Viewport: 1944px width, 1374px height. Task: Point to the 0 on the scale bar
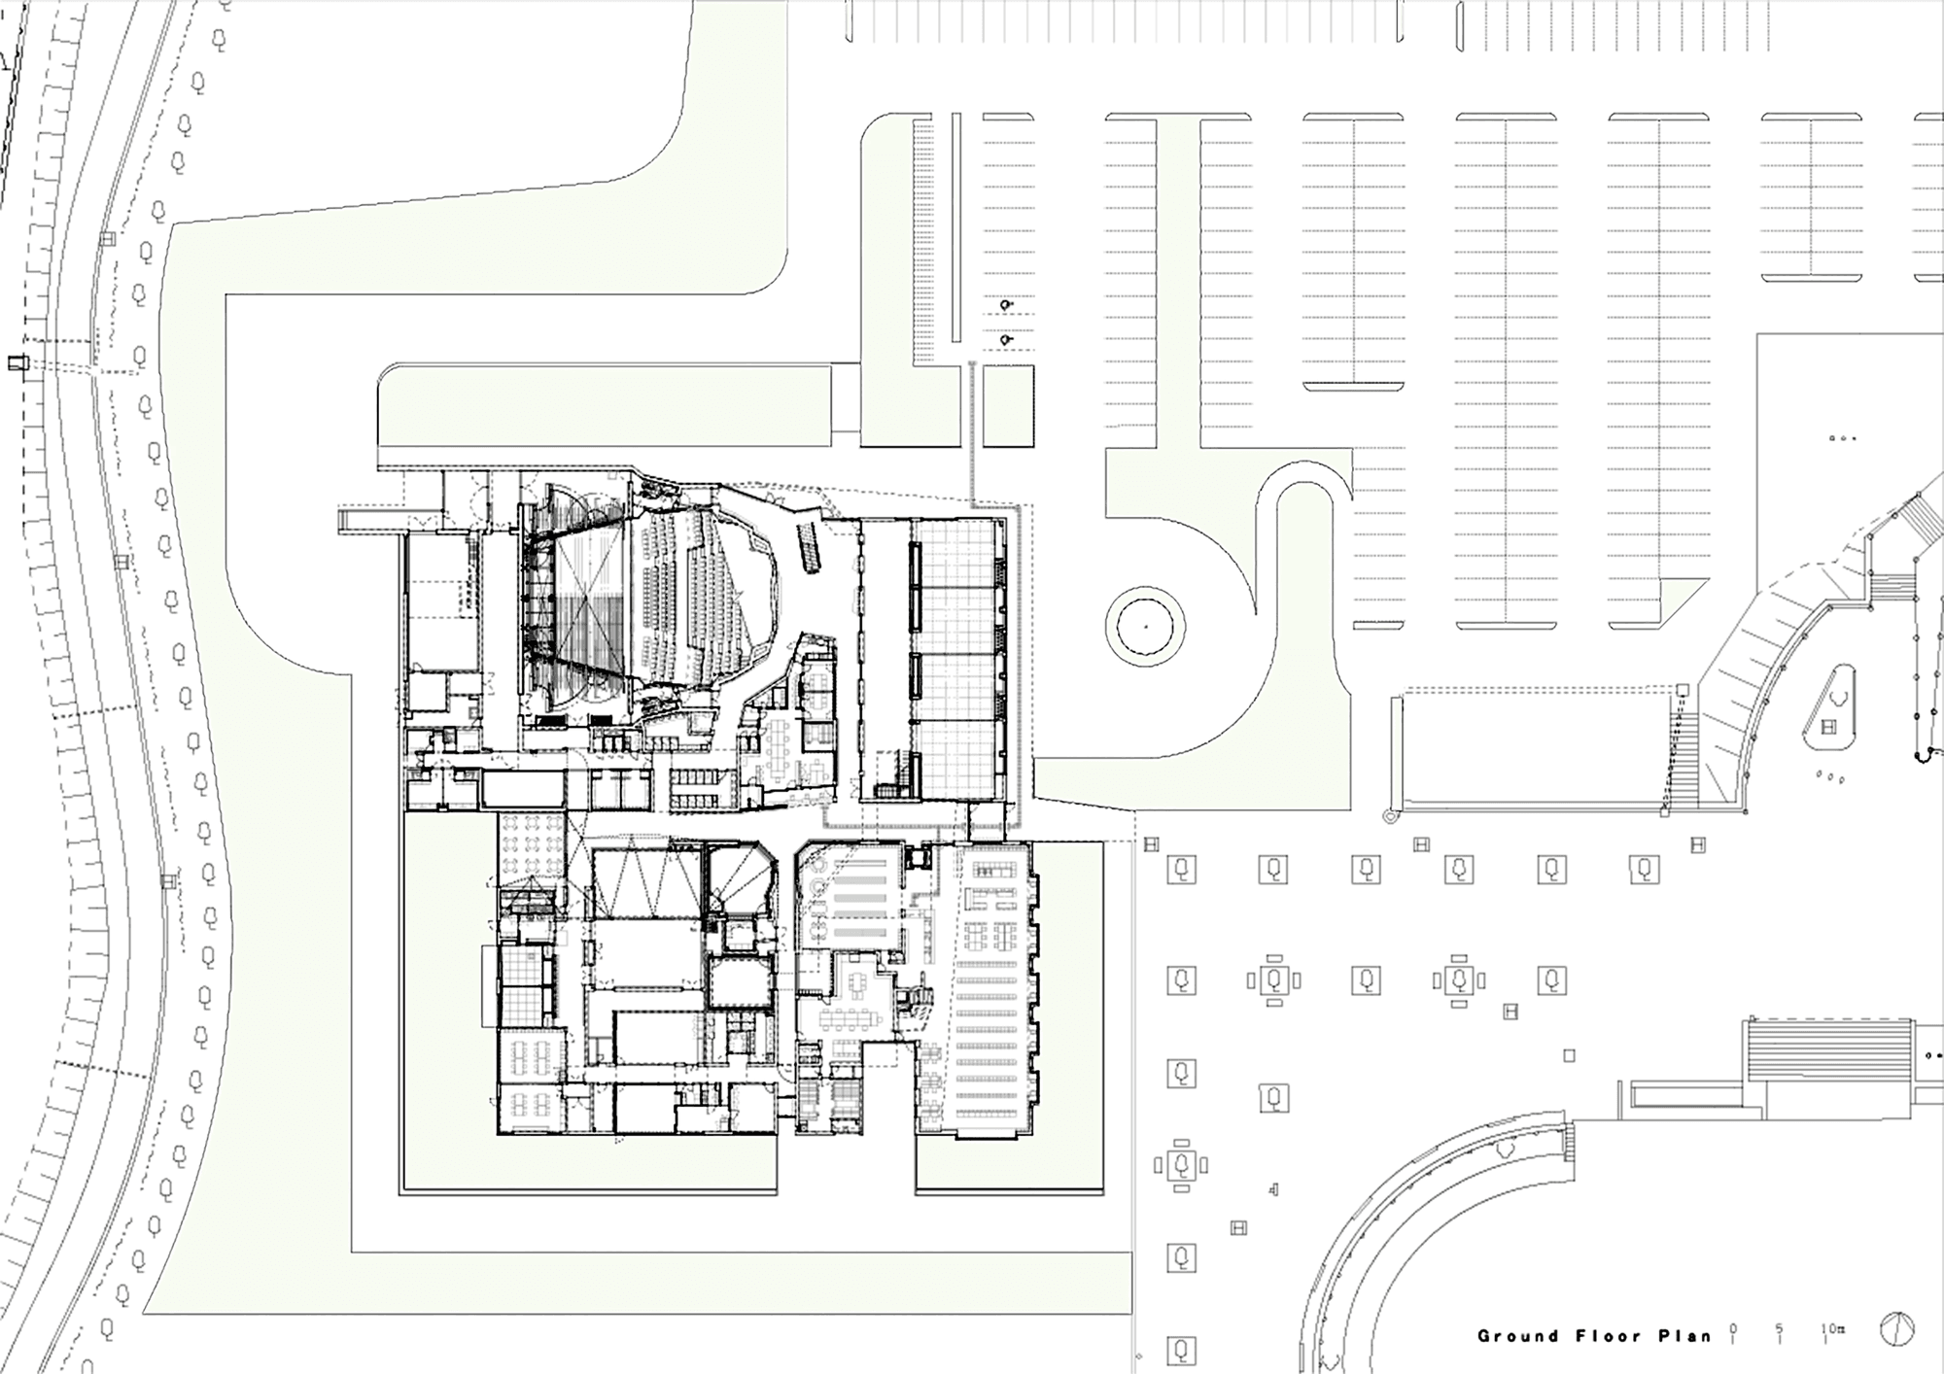[1735, 1328]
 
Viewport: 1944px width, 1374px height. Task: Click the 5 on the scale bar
[1780, 1328]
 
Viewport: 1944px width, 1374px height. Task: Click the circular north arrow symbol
[1896, 1329]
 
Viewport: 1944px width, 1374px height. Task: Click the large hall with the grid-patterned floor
[957, 661]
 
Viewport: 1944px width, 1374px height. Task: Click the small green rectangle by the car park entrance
[1008, 406]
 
